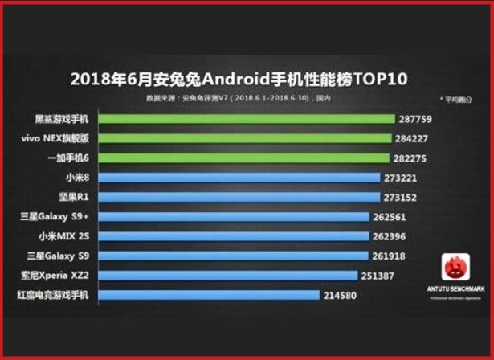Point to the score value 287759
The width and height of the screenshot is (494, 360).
415,119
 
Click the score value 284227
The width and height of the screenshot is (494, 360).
411,138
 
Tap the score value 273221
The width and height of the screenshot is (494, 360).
404,178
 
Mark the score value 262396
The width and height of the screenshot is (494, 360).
394,236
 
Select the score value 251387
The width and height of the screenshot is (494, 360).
386,276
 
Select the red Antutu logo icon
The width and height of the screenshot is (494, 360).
455,265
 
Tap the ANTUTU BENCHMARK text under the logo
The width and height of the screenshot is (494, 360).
455,288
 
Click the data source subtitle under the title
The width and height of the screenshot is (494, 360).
239,98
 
